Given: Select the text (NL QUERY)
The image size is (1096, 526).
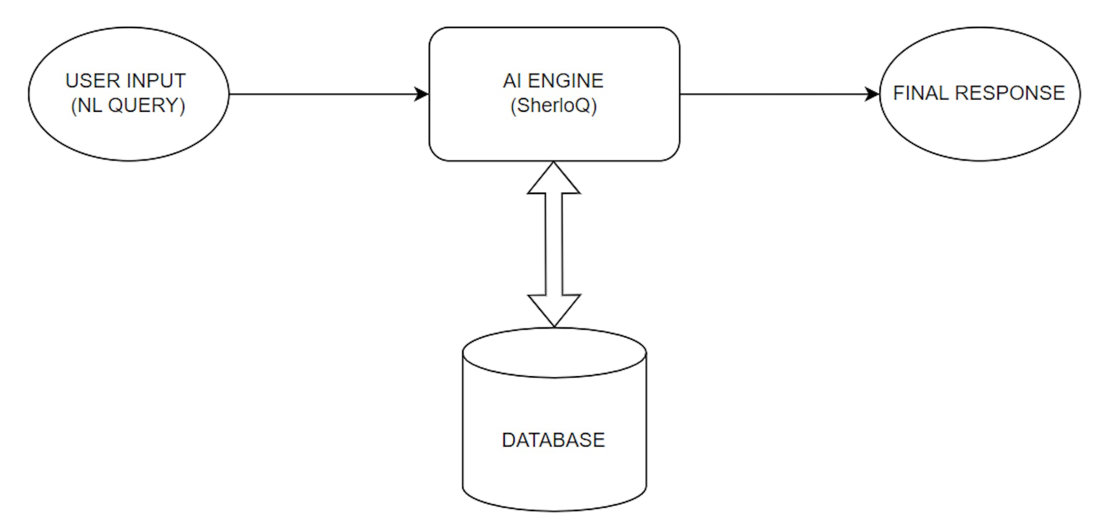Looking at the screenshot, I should click(x=128, y=105).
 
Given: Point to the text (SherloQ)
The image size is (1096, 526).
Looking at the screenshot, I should click(x=553, y=105).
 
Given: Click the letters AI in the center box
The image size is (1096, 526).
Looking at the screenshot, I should click(x=512, y=81).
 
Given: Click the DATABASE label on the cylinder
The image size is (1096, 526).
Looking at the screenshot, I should click(x=553, y=440).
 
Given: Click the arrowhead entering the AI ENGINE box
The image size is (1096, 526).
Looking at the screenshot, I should click(x=422, y=94).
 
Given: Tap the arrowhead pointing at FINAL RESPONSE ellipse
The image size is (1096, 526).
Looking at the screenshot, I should click(x=872, y=94).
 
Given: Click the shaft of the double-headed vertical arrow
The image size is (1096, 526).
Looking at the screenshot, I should click(x=554, y=244).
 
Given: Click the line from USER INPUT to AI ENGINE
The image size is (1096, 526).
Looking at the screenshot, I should click(x=321, y=94).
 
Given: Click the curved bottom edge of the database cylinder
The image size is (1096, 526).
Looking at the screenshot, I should click(x=554, y=510).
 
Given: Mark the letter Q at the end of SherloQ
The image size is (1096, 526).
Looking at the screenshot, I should click(x=585, y=105).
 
